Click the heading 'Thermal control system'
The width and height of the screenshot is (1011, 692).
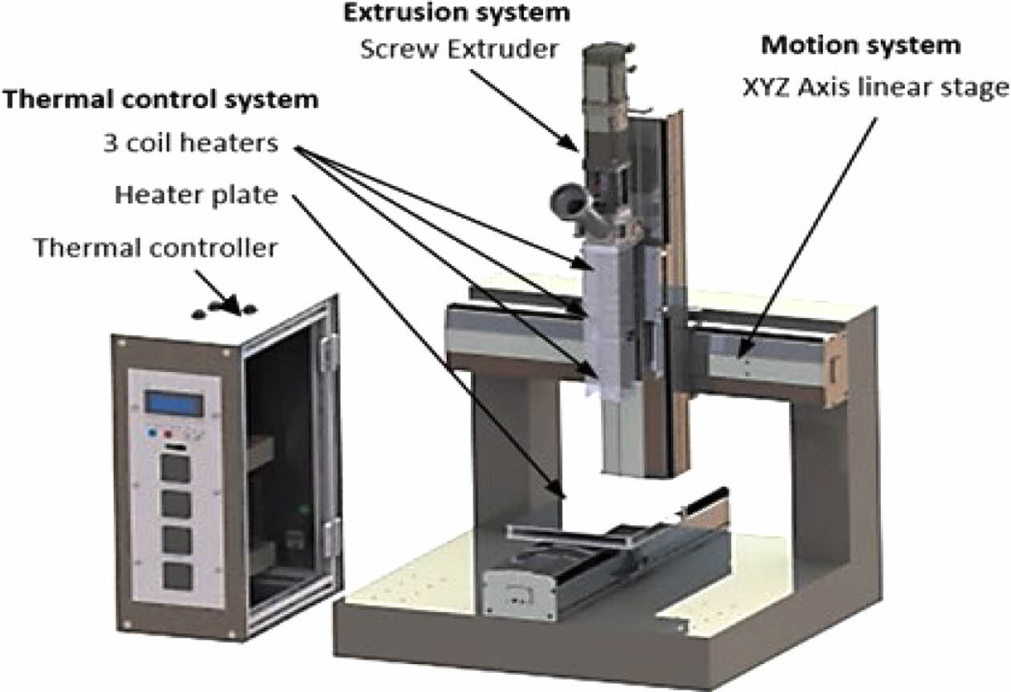tap(161, 101)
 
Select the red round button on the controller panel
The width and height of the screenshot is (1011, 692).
tap(169, 434)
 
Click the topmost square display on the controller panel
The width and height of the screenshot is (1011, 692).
tap(176, 467)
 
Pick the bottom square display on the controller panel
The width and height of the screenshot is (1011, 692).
tap(177, 577)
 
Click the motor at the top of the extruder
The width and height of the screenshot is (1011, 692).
tap(607, 80)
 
